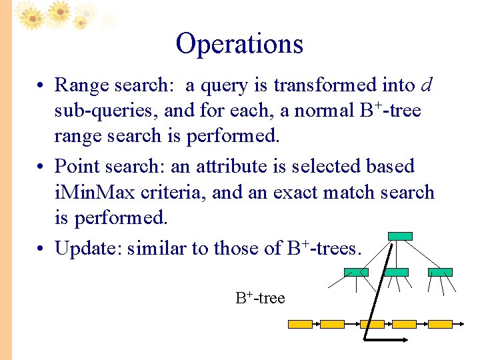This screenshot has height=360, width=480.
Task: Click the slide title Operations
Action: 239,44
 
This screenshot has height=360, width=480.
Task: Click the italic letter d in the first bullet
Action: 427,85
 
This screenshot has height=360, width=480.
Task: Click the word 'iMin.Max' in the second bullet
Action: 93,193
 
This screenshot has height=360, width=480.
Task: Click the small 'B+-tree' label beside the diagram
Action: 260,298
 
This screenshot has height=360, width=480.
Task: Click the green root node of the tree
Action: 400,236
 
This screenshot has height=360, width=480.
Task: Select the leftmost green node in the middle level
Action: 355,272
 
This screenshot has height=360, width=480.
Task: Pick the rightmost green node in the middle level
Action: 439,272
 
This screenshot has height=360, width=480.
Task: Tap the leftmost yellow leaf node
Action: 299,324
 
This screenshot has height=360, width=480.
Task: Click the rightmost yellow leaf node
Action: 439,324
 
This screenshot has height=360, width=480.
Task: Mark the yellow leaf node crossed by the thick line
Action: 372,324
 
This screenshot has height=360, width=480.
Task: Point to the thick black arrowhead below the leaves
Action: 403,341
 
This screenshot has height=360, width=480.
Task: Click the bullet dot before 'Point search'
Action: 41,167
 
